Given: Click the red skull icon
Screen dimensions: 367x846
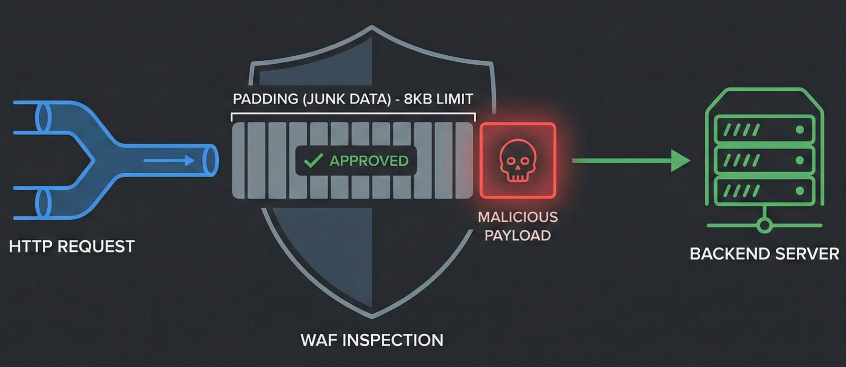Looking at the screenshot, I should tap(518, 161).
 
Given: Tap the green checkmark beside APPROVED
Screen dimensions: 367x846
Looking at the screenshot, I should tap(313, 161).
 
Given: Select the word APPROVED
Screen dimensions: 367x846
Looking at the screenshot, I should tap(369, 161).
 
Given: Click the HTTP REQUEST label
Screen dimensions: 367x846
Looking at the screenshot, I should tap(72, 247).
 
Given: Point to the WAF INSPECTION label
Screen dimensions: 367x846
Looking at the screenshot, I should tap(372, 340).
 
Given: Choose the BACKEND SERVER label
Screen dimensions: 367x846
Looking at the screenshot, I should tap(764, 254).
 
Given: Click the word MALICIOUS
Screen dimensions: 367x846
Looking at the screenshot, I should tap(517, 217).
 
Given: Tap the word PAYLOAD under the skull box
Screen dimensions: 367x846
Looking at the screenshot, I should tap(517, 235).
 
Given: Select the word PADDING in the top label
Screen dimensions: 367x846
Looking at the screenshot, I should tap(265, 99).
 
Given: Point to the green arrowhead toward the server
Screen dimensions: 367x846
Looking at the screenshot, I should tap(680, 161).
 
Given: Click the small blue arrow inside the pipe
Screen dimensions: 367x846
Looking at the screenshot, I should tap(169, 161).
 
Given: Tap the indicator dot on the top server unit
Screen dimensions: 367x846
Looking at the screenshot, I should tap(799, 130).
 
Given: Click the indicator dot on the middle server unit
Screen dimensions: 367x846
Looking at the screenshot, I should tap(799, 161).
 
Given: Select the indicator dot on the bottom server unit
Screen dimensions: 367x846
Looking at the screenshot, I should tap(799, 191).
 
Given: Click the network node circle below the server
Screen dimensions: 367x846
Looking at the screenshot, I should tap(765, 225).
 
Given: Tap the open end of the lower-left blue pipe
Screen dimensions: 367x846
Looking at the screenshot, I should tap(43, 203).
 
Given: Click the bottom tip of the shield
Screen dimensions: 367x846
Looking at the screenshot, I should tap(372, 315).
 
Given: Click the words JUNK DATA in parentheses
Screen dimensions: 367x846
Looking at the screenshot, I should tap(347, 99).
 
